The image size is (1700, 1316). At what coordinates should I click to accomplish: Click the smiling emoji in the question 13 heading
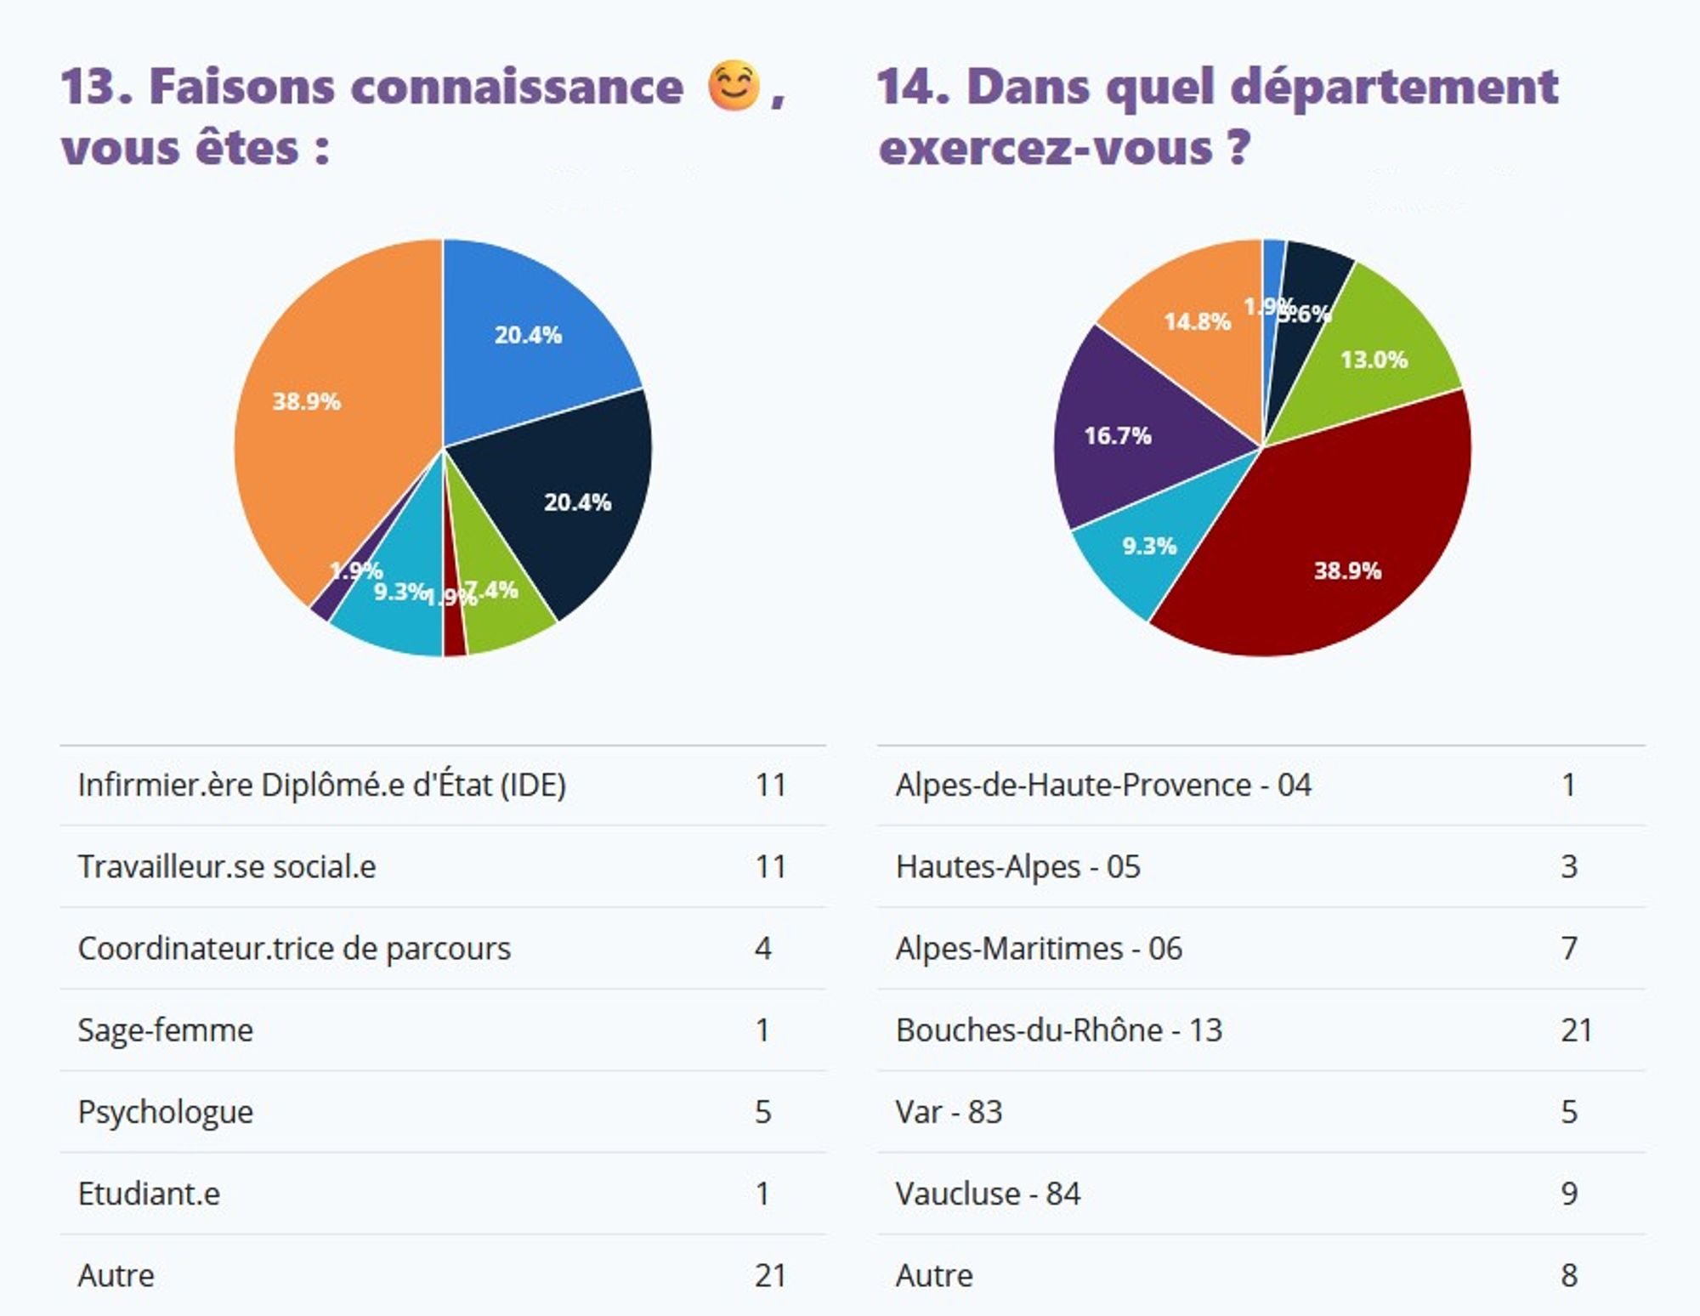(x=733, y=86)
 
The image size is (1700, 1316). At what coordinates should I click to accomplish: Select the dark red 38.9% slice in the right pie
(x=1334, y=544)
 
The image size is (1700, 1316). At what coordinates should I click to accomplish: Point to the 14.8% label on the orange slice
(x=1197, y=322)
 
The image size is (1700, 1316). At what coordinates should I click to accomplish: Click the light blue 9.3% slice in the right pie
(x=1139, y=553)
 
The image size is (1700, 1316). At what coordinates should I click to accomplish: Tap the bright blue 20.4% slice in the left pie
(x=527, y=340)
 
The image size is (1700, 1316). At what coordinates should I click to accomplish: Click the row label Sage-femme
(x=166, y=1030)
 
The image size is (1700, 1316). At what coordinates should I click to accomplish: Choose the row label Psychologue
(x=166, y=1112)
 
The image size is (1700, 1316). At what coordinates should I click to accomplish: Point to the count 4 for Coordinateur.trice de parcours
(x=762, y=949)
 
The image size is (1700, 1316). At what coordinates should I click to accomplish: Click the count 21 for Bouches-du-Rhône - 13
(x=1575, y=1030)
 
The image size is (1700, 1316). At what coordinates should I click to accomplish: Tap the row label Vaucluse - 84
(x=988, y=1194)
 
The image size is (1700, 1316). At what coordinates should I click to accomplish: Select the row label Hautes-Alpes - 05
(x=1017, y=867)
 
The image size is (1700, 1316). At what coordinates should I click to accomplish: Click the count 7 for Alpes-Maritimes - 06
(x=1569, y=949)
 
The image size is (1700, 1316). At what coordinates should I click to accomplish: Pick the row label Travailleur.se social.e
(x=227, y=867)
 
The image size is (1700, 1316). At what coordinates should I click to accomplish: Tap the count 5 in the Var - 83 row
(x=1569, y=1112)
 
